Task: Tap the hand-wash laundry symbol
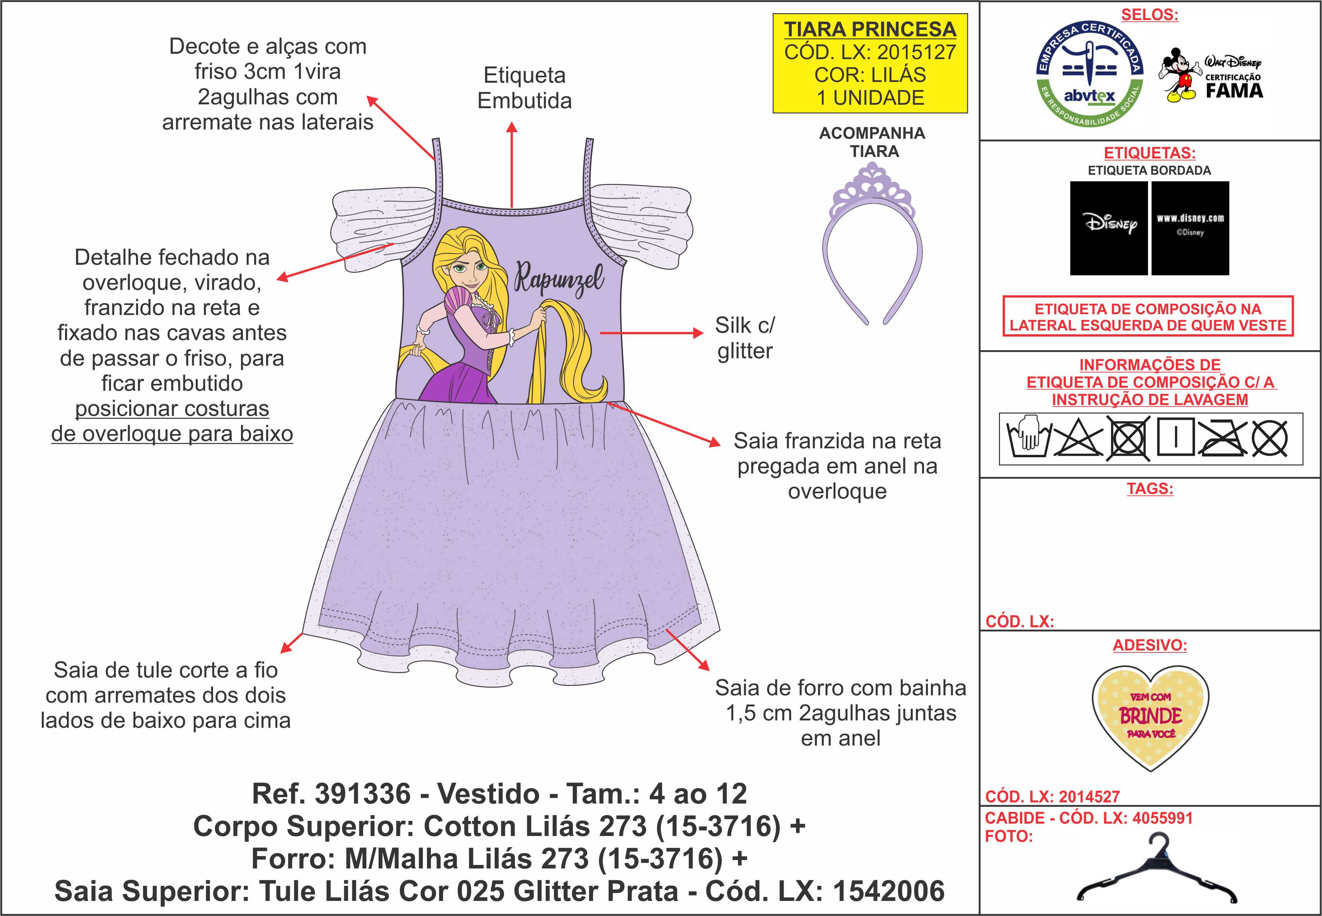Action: (1028, 439)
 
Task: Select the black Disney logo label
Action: (1109, 228)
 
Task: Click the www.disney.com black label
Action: (1190, 228)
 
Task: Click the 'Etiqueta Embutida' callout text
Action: (524, 88)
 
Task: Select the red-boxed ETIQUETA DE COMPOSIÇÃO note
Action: (1148, 317)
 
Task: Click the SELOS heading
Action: (1150, 15)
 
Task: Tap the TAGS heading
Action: (1150, 489)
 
